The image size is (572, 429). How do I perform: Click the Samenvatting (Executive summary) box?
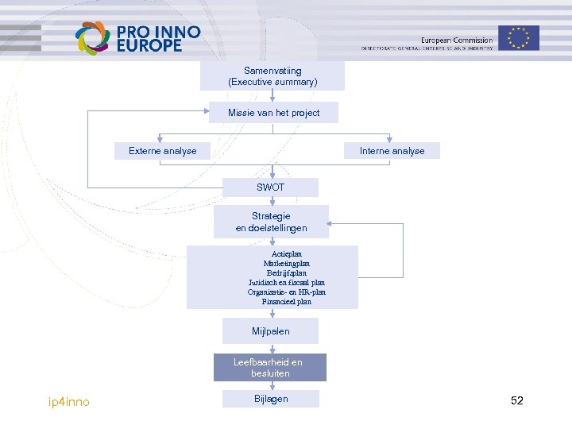click(272, 76)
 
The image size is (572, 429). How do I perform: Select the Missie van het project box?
click(273, 113)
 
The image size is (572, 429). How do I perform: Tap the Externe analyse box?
click(162, 151)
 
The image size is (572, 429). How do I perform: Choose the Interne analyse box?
click(392, 151)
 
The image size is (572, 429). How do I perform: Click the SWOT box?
click(270, 187)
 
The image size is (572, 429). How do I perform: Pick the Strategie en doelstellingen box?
click(271, 222)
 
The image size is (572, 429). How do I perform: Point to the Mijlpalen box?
click(270, 330)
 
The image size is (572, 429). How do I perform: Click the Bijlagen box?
click(271, 399)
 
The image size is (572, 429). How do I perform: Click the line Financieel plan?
click(287, 301)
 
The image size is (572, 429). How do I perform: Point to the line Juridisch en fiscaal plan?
click(287, 282)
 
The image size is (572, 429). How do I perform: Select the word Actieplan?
click(287, 253)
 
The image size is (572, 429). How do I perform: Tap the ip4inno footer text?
click(69, 402)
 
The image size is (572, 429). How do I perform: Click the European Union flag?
click(519, 37)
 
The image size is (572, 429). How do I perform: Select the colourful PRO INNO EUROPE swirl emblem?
click(92, 37)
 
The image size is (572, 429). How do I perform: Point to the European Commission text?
click(456, 41)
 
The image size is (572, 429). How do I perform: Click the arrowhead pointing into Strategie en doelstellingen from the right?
click(333, 223)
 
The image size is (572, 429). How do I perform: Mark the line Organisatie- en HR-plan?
click(287, 292)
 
